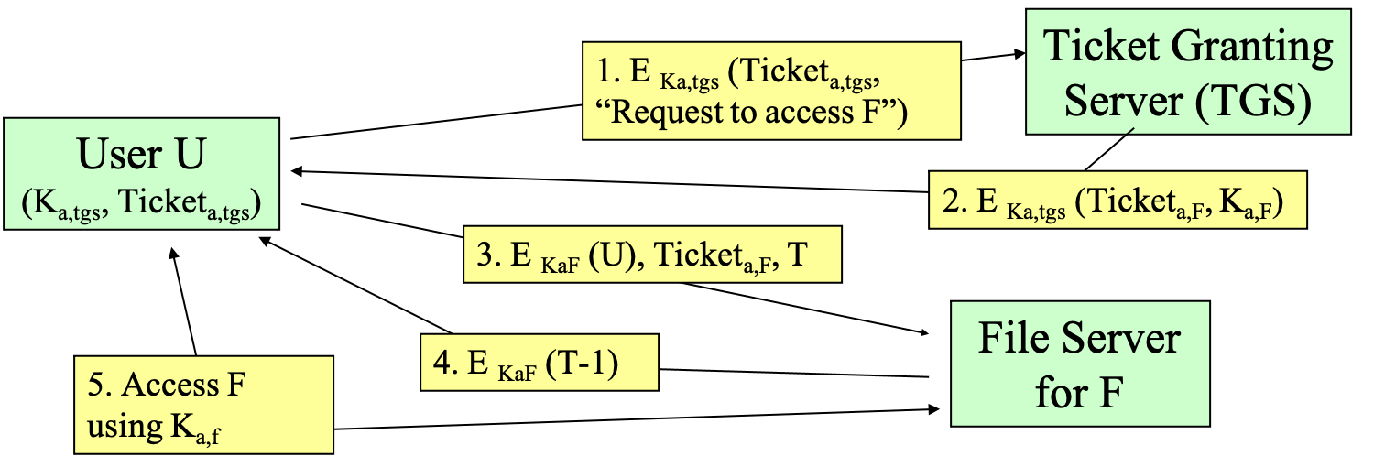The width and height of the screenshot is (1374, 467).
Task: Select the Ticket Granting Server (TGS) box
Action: coord(1188,72)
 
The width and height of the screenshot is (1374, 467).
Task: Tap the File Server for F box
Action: coord(1080,364)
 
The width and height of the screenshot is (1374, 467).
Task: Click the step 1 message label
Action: coord(771,91)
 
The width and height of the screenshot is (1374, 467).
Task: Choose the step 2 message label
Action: coord(1117,200)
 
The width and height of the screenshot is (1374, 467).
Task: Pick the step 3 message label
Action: coord(651,255)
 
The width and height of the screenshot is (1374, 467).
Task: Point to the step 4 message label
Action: coord(539,363)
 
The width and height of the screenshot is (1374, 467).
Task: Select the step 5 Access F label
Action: coord(203,405)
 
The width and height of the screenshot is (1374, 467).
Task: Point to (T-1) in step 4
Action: coord(582,363)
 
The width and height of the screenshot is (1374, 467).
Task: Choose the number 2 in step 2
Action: coord(951,201)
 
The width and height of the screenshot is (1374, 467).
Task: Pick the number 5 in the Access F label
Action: coord(95,385)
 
